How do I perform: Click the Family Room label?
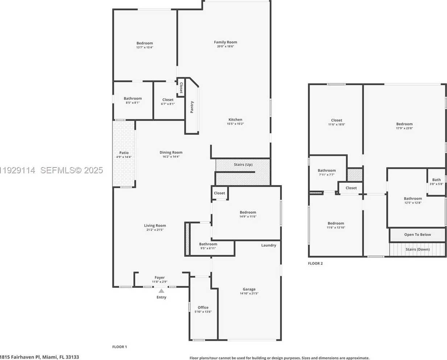click(225, 42)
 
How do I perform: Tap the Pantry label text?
click(192, 107)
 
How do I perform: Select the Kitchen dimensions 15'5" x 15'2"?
click(235, 124)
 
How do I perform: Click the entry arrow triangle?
click(161, 291)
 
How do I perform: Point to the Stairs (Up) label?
click(243, 165)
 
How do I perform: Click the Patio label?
click(124, 153)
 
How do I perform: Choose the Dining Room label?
click(171, 153)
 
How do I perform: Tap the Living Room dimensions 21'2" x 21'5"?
click(155, 230)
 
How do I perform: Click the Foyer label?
click(160, 278)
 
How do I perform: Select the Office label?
click(203, 307)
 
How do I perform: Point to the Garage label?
click(249, 289)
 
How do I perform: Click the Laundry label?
click(269, 245)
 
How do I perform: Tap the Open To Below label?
click(418, 235)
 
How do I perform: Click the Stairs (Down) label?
click(418, 249)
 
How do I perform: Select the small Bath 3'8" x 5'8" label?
click(436, 182)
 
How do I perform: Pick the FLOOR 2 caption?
click(315, 264)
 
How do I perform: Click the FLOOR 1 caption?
click(119, 347)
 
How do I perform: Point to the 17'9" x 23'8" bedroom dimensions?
click(404, 128)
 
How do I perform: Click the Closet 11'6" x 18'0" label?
click(336, 122)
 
